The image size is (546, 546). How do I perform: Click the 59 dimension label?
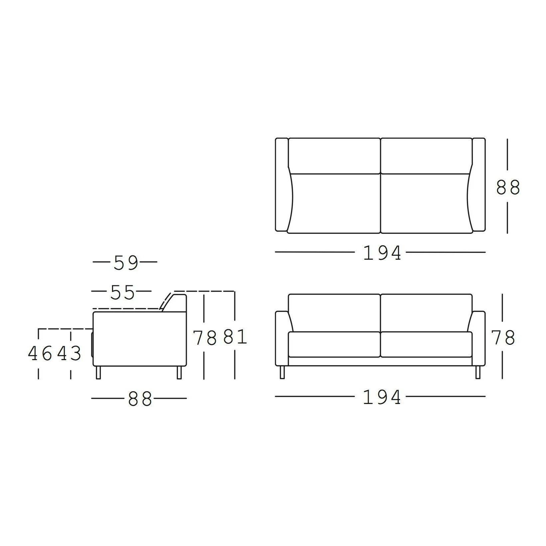[x=126, y=263]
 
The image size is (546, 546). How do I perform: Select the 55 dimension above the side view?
[x=122, y=293]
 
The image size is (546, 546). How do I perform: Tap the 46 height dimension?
[x=40, y=353]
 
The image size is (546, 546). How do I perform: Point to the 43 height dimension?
[x=69, y=353]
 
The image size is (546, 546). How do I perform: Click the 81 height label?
[x=235, y=337]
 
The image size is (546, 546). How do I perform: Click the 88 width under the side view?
[x=140, y=399]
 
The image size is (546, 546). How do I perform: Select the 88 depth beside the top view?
[x=508, y=187]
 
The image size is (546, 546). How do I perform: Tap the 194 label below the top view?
[x=382, y=253]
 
